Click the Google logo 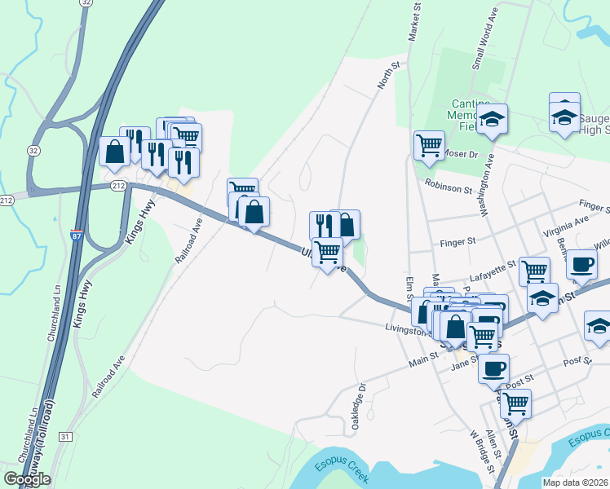point(27,479)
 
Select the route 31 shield point(65,437)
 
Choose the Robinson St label point(449,187)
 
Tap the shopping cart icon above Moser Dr point(428,147)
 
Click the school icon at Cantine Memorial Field point(492,120)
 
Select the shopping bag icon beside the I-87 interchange point(114,152)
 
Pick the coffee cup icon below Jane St point(493,368)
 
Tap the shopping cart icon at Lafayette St point(534,270)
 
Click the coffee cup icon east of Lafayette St point(581,264)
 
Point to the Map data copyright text point(575,482)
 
